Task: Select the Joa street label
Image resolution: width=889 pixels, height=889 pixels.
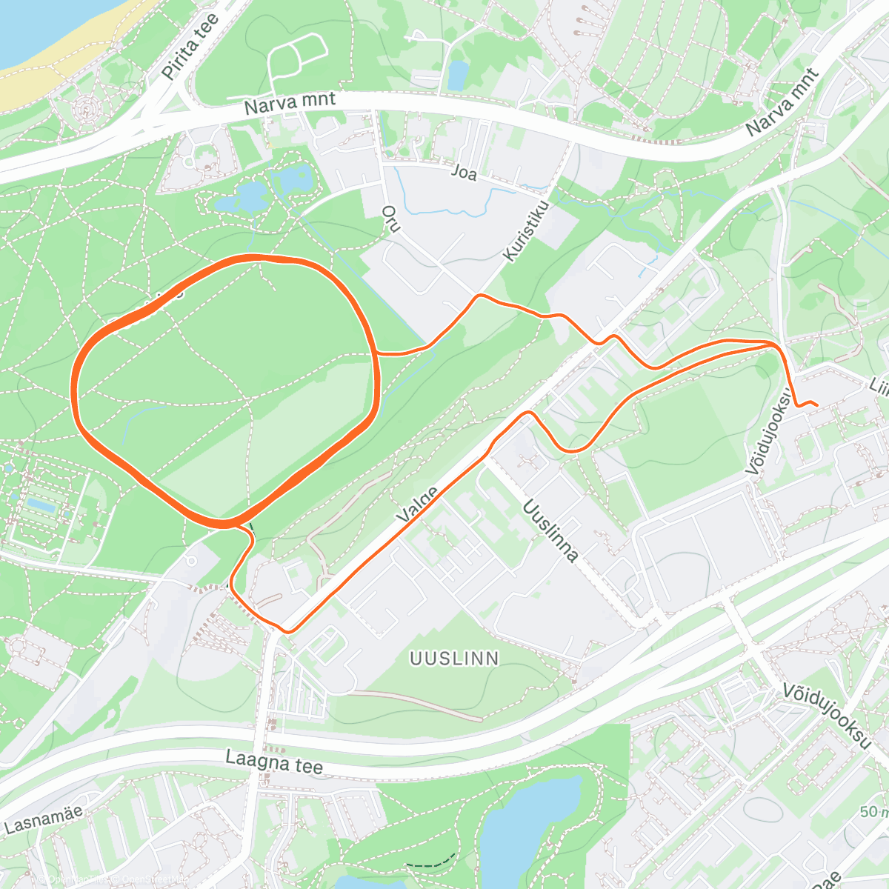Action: click(465, 173)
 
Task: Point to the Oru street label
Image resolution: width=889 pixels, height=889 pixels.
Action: click(390, 219)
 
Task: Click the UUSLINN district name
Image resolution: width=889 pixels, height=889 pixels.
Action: click(454, 658)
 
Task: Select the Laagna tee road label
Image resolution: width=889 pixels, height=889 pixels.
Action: click(274, 761)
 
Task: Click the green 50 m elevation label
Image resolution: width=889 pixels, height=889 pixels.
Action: click(873, 812)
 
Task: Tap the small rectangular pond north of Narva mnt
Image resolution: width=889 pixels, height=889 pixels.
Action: click(458, 74)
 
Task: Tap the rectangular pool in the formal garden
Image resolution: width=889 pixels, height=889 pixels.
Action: click(41, 505)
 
